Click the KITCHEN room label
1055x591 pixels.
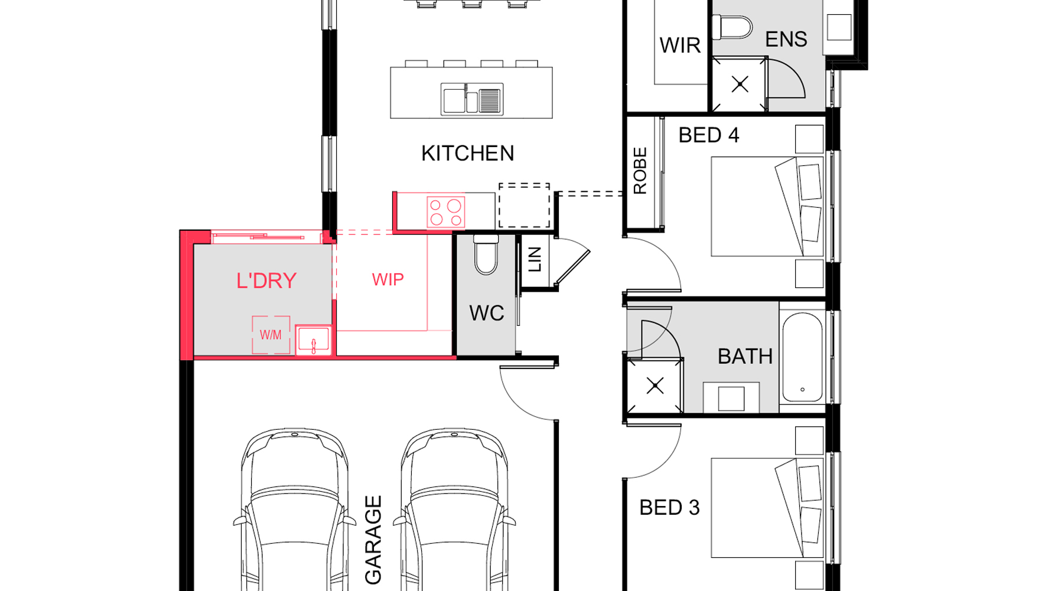pos(467,154)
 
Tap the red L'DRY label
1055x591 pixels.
pos(266,280)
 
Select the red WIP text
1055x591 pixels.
pos(388,279)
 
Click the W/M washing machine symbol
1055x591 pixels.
pos(271,335)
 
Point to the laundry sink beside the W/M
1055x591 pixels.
pos(313,341)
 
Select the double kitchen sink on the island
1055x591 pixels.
pos(472,99)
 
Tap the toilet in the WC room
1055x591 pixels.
pos(486,254)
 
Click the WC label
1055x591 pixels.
pos(487,313)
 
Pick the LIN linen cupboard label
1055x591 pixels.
pos(535,259)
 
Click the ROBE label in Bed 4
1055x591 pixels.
pos(640,171)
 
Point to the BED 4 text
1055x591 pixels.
pos(708,135)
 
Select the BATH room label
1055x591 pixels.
pos(745,357)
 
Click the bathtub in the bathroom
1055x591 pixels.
pos(802,357)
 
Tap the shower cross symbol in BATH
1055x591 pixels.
pos(655,386)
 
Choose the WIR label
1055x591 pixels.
pos(680,45)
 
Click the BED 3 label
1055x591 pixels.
pos(669,508)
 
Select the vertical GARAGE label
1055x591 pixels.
pos(373,540)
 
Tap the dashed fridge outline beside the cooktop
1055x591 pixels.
pos(524,205)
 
